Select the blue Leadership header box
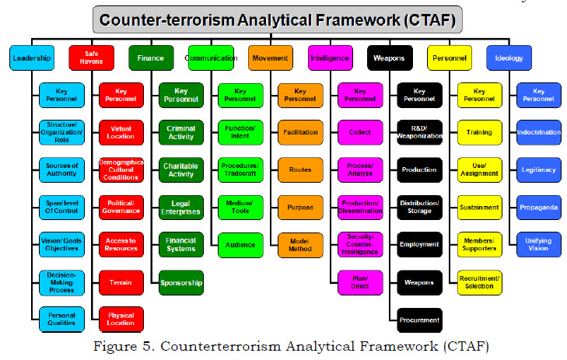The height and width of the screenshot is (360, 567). pyautogui.click(x=32, y=58)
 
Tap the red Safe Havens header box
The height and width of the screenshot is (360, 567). pyautogui.click(x=91, y=58)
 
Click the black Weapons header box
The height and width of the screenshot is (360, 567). pyautogui.click(x=389, y=58)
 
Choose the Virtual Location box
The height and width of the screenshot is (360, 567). pyautogui.click(x=121, y=132)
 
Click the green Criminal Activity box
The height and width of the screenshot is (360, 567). pyautogui.click(x=180, y=132)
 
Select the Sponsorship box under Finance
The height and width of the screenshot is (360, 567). pyautogui.click(x=180, y=282)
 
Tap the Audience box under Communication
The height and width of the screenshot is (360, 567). pyautogui.click(x=240, y=245)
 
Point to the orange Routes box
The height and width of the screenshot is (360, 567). pyautogui.click(x=299, y=170)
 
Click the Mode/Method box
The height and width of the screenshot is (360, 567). pyautogui.click(x=299, y=245)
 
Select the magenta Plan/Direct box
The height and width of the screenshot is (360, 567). pyautogui.click(x=359, y=282)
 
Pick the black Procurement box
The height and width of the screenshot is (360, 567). pyautogui.click(x=419, y=320)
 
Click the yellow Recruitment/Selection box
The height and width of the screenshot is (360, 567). pyautogui.click(x=479, y=282)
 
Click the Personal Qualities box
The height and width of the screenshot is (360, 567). pyautogui.click(x=61, y=320)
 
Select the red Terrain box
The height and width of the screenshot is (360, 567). pyautogui.click(x=121, y=282)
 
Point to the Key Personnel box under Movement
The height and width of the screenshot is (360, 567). pyautogui.click(x=299, y=95)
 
